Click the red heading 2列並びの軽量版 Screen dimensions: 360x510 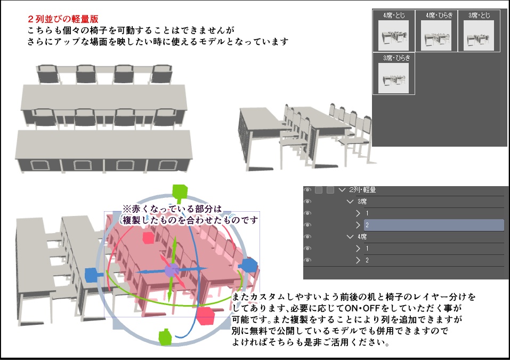point(63,19)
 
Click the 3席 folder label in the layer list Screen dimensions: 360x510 point(362,202)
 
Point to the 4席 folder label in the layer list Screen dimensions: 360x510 point(362,237)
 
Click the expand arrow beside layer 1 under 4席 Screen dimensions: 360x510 point(358,249)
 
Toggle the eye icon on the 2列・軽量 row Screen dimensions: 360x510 point(307,189)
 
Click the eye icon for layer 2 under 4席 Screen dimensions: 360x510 point(307,260)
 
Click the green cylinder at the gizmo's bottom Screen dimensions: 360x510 point(165,337)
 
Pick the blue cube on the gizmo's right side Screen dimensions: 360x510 point(249,265)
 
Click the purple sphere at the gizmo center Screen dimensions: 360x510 point(171,270)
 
